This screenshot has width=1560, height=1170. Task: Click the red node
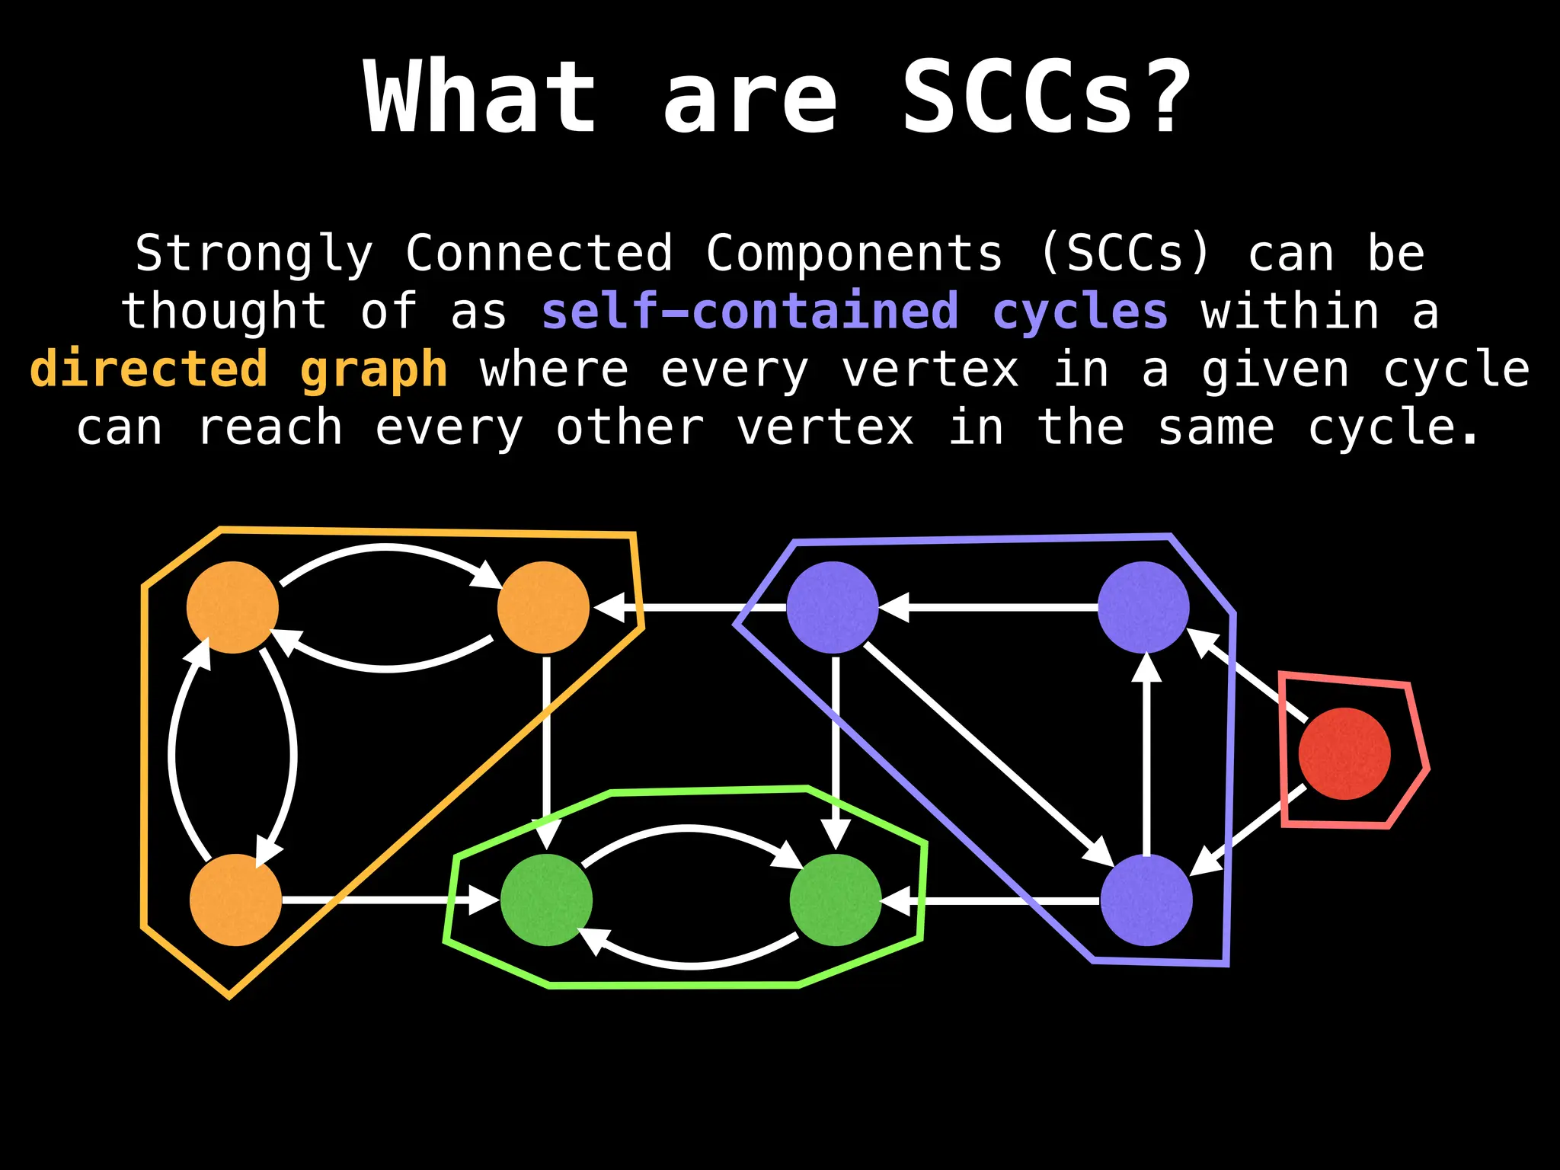pos(1344,753)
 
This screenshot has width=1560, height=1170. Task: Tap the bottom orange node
pos(235,900)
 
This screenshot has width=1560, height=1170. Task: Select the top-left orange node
pos(232,607)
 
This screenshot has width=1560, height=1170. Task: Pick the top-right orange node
pos(543,607)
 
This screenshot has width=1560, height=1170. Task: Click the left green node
pos(546,900)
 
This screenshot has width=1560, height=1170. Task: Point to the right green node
pos(836,900)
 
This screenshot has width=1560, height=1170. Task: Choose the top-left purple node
pos(832,607)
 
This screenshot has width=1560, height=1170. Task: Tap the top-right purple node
pos(1143,607)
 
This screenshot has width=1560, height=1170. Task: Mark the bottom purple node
pos(1146,900)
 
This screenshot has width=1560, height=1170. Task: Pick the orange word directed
pos(149,369)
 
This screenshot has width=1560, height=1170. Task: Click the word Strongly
pos(254,254)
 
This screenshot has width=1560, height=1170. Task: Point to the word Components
pos(854,254)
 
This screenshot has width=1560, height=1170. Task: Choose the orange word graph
pos(374,371)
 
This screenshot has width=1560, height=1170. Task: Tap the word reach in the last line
pos(270,427)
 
